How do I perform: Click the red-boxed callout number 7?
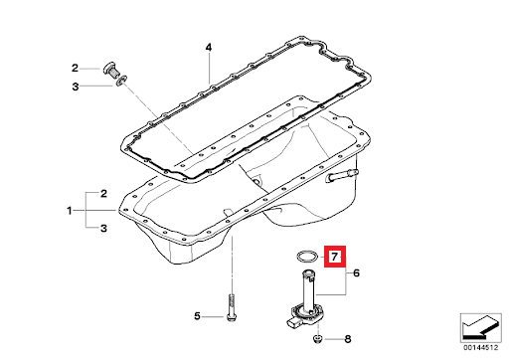click(x=334, y=257)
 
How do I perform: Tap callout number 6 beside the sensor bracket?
click(x=356, y=273)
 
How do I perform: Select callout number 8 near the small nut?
click(x=348, y=339)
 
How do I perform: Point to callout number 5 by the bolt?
click(x=197, y=316)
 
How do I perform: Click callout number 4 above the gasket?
click(x=209, y=48)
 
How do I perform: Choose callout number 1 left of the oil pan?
click(x=70, y=211)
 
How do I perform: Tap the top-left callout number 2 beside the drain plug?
click(x=75, y=69)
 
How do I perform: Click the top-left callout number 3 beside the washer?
click(x=76, y=87)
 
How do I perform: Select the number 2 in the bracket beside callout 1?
click(x=103, y=194)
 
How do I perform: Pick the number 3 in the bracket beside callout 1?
click(x=103, y=228)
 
